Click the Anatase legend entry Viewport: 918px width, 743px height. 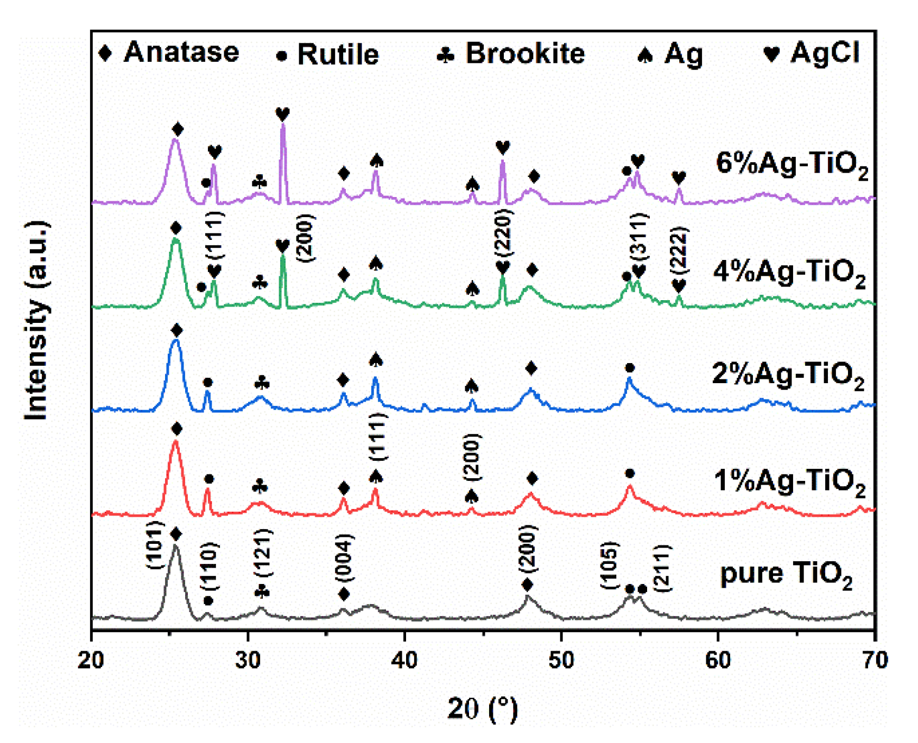[169, 53]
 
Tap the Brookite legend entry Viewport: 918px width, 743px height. [511, 53]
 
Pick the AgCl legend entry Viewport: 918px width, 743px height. [812, 53]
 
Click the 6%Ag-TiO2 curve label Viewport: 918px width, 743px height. [792, 163]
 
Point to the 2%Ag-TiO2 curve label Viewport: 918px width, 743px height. [788, 374]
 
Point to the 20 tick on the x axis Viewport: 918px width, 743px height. [91, 661]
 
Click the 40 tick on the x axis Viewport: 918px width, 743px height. [404, 661]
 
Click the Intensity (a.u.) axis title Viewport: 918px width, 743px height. [37, 320]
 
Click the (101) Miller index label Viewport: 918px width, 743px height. [155, 545]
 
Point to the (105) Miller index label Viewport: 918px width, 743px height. [610, 564]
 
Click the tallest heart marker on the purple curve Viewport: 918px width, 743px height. [282, 115]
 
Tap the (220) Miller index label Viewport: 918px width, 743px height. [503, 233]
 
